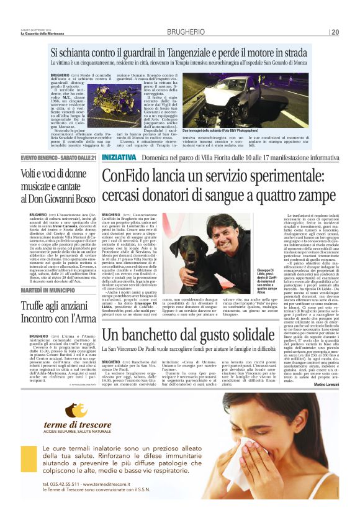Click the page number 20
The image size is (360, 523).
335,32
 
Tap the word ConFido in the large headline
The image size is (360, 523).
131,176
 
